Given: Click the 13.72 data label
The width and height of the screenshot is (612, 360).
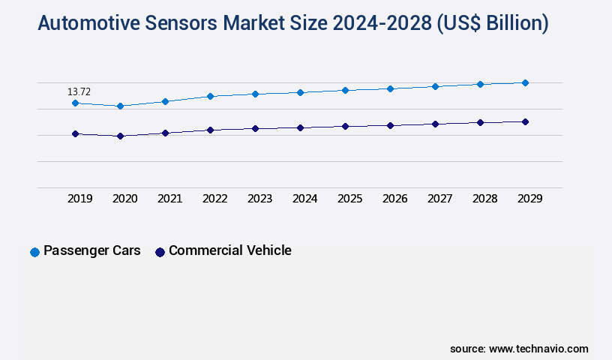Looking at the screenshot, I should pos(79,92).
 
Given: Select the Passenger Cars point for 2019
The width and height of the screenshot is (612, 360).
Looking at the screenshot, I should pos(75,103).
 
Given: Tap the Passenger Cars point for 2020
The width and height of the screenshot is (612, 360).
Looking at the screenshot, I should pos(120,106).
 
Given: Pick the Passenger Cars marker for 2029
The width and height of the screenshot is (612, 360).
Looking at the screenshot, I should pos(525,82).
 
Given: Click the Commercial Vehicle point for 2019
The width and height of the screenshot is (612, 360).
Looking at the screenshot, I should pos(75,133).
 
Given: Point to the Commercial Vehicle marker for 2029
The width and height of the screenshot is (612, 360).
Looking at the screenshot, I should pos(525,121).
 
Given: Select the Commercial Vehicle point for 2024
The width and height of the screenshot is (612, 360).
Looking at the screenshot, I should pos(300,127).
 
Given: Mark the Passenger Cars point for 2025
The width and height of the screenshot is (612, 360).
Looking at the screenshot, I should pos(345,90).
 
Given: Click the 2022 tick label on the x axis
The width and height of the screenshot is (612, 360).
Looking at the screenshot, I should pos(215,199).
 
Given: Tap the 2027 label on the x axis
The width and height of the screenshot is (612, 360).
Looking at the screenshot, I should pos(440,199).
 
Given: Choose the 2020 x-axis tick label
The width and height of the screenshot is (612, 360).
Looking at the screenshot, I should pos(125,199).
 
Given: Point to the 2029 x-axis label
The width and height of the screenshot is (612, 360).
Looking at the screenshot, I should pos(530,199).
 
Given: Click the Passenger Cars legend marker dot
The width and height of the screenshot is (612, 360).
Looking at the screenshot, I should pos(34,252).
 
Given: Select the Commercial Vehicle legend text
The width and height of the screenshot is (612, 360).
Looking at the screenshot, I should pos(229,250).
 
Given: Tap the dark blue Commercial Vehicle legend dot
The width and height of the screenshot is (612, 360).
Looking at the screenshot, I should pos(160,252).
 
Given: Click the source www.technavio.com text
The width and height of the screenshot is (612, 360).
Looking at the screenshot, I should pos(519,349).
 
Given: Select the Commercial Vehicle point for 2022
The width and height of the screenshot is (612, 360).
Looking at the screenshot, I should pos(210,130).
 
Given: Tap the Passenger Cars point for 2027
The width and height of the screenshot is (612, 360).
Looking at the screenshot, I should pos(435,86).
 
